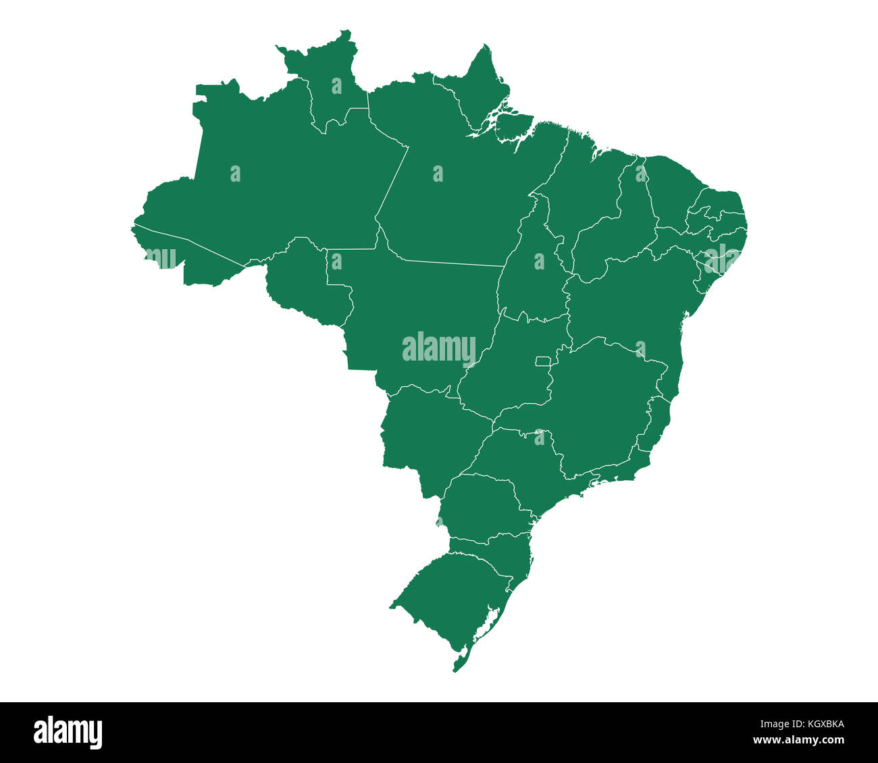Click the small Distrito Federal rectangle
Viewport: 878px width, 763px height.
click(542, 362)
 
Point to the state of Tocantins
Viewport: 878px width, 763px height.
click(534, 270)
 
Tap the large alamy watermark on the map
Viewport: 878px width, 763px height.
click(439, 348)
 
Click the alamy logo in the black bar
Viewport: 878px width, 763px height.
click(68, 733)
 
